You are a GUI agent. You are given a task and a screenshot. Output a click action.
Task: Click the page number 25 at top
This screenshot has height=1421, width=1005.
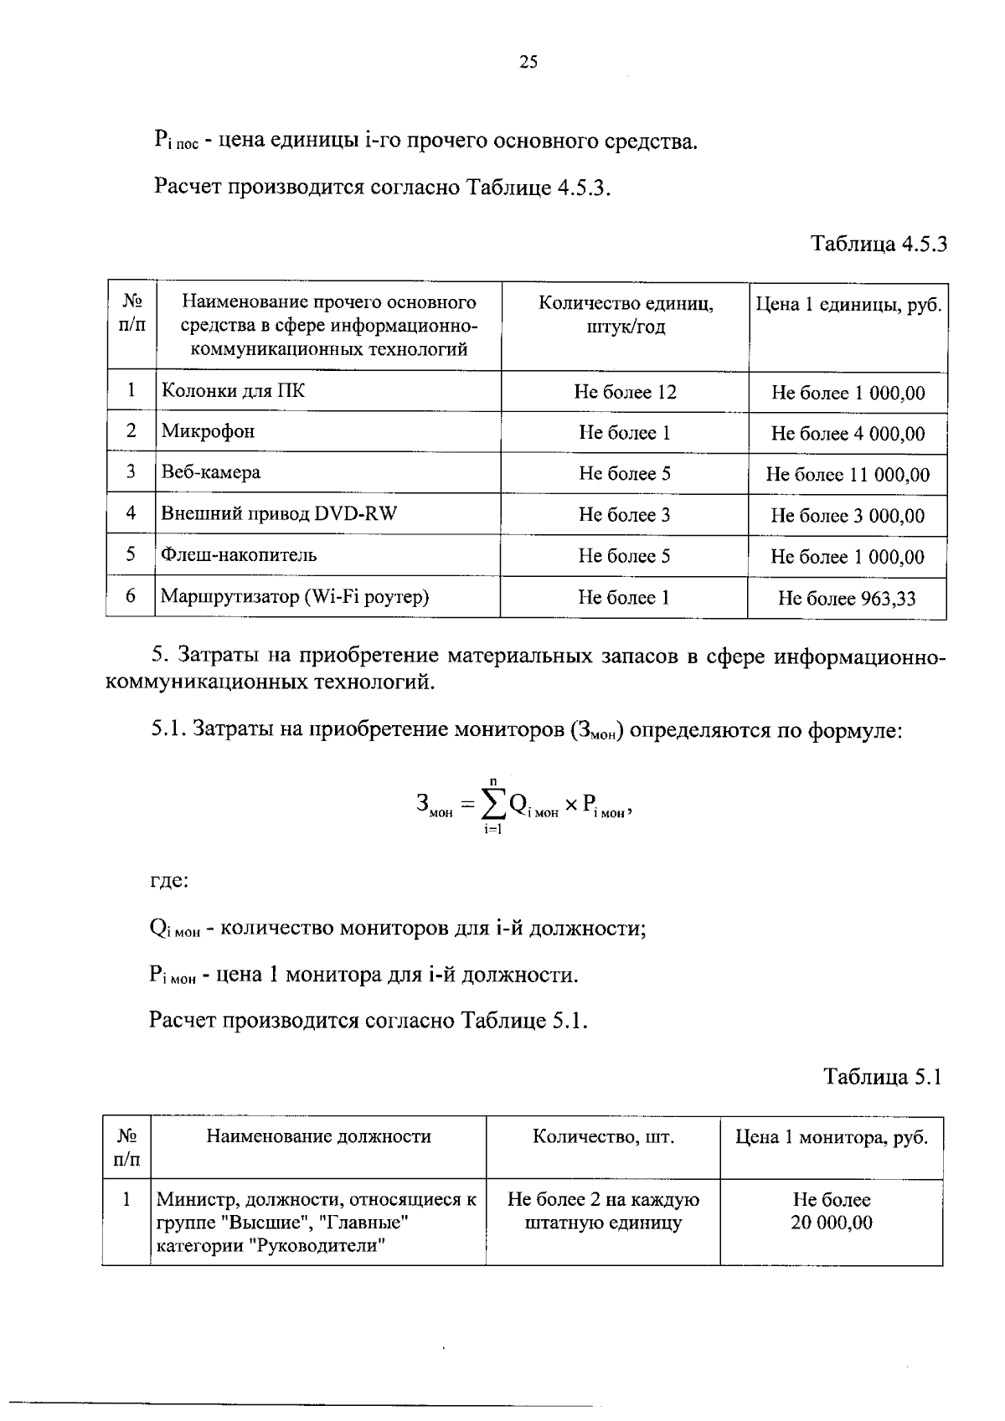[x=528, y=62]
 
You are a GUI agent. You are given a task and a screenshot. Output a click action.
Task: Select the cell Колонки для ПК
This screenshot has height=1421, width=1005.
[x=233, y=390]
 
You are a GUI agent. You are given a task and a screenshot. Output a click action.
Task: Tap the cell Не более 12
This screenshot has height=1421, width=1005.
[x=625, y=392]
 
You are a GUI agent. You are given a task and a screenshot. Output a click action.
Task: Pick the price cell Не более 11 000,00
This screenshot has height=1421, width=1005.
[x=848, y=475]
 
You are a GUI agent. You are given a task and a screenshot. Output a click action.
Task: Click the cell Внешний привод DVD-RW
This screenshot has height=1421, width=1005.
[x=279, y=513]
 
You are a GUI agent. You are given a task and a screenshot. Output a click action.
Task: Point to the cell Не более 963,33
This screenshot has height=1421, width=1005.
[x=847, y=598]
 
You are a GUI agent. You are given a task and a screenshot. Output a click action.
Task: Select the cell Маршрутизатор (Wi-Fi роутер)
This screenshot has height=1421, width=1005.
[x=295, y=596]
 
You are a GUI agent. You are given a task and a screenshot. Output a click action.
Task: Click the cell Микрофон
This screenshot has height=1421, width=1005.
[x=208, y=431]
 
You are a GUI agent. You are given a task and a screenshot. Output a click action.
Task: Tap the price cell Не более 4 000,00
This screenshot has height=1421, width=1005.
[x=848, y=434]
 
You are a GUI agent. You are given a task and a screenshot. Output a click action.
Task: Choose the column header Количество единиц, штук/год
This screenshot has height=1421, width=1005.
[x=625, y=315]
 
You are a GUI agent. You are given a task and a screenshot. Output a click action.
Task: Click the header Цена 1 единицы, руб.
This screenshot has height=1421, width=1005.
[x=848, y=305]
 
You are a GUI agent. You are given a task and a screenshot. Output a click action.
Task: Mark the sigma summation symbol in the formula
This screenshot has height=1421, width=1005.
[x=494, y=805]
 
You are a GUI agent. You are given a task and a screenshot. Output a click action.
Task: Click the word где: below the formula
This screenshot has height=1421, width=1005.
[x=168, y=881]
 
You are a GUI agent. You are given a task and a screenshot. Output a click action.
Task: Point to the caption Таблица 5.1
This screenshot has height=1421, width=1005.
[x=883, y=1076]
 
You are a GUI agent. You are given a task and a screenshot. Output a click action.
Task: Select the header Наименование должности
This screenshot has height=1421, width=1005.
[x=318, y=1136]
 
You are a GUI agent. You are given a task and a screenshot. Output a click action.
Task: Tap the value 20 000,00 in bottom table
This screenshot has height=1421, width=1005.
[x=831, y=1223]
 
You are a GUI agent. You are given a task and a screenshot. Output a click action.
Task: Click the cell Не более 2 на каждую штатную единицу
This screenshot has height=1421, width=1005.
[x=603, y=1211]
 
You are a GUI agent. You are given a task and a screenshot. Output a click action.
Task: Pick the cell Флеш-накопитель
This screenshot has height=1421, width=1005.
[x=239, y=554]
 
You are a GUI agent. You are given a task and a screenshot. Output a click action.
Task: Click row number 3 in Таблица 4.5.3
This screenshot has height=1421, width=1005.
[x=131, y=471]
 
